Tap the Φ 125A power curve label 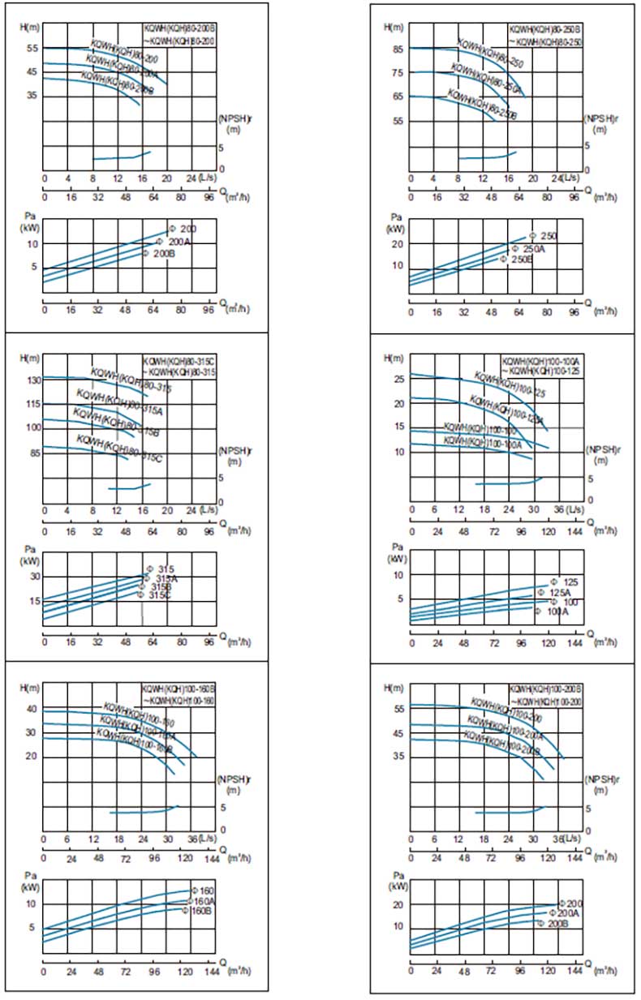pos(550,593)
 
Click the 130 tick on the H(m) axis pos(33,380)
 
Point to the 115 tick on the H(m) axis pos(33,404)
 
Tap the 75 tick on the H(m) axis pos(398,73)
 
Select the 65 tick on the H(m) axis pos(398,97)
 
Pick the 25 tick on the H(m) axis pos(398,380)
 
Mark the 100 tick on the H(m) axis pos(33,427)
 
